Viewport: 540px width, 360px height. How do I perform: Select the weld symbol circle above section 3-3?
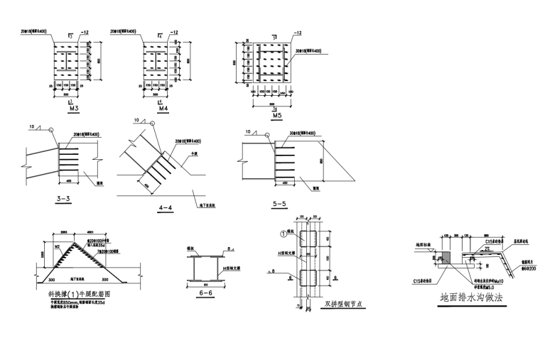[50, 129]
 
